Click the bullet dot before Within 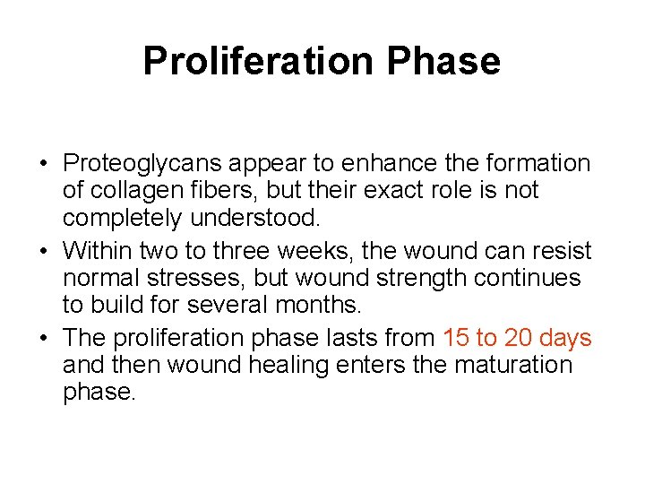pos(43,250)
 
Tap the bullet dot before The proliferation pos(43,339)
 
